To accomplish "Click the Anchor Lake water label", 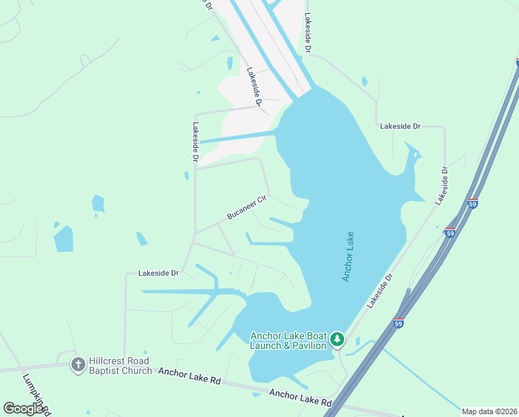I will (348, 256).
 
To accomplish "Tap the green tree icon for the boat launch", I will (337, 339).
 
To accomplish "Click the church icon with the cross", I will (78, 363).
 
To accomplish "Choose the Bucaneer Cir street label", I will (246, 208).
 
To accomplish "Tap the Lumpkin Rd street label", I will (37, 394).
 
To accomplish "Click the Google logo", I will (23, 409).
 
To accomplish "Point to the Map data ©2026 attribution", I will (489, 411).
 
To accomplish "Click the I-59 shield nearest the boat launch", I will (398, 323).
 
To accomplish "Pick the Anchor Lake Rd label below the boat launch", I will (300, 398).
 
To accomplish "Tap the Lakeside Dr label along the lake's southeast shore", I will (380, 291).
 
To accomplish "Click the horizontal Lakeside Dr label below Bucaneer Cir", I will (158, 273).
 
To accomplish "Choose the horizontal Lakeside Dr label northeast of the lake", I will (400, 126).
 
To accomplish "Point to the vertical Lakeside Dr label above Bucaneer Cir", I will (196, 142).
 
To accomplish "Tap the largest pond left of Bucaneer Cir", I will (63, 238).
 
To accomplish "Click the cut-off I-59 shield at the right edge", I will (517, 63).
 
